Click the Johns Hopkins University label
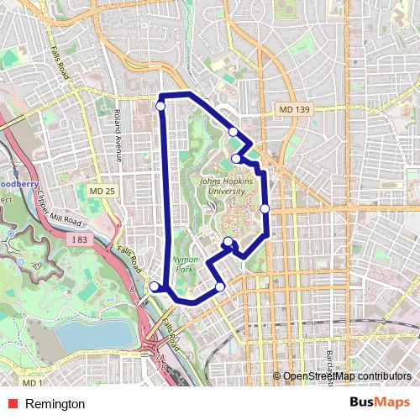(x=223, y=186)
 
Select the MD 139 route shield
(x=294, y=109)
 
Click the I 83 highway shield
(x=80, y=241)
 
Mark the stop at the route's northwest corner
(x=160, y=105)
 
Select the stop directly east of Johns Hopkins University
(x=265, y=208)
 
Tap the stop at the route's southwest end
(x=154, y=287)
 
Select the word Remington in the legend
(x=55, y=404)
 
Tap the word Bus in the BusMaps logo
(x=363, y=403)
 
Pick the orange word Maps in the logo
(x=393, y=403)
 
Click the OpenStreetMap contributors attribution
(x=347, y=376)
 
